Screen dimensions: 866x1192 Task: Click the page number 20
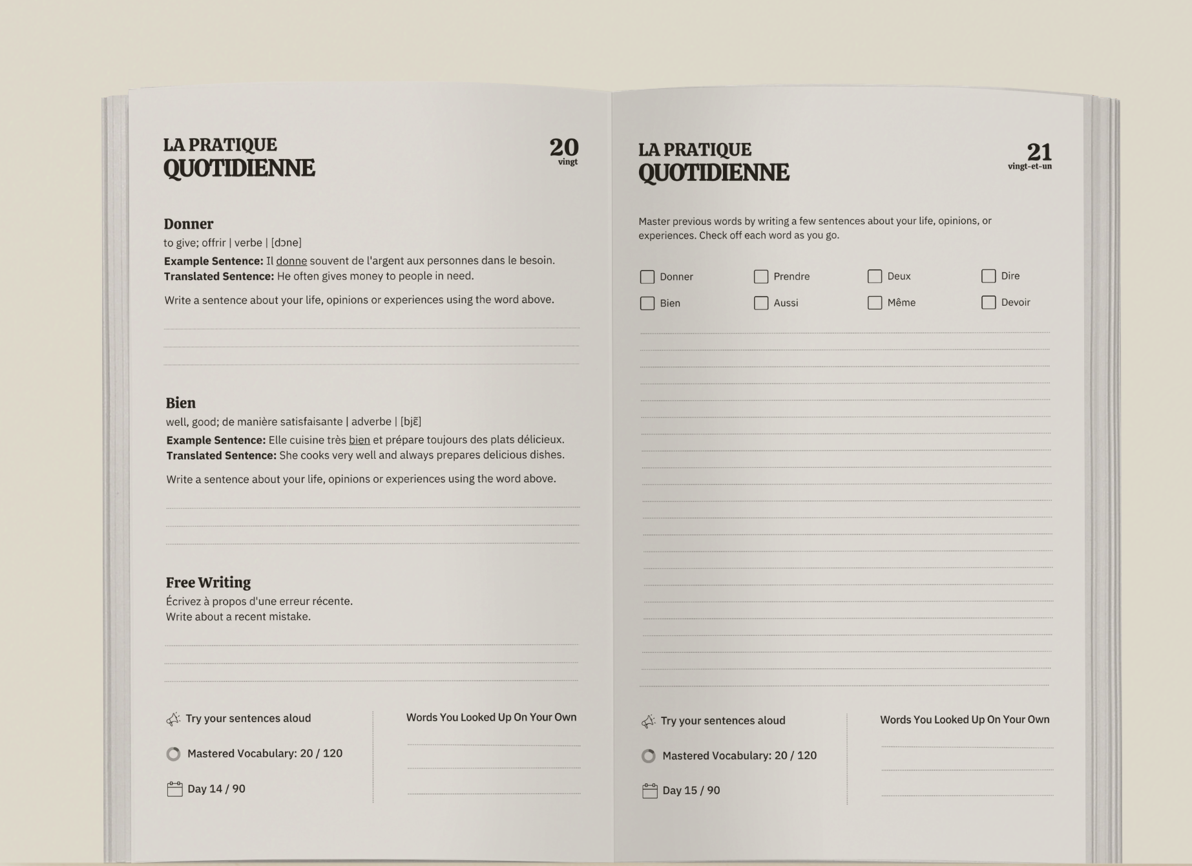click(563, 147)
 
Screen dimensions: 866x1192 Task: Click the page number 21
click(1039, 152)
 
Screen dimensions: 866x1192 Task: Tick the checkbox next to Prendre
click(761, 277)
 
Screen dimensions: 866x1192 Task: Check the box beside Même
click(875, 302)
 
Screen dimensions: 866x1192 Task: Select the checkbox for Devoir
click(988, 302)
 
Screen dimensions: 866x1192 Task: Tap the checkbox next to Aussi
click(761, 303)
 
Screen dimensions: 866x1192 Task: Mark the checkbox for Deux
click(875, 277)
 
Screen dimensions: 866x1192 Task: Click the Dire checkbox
click(988, 276)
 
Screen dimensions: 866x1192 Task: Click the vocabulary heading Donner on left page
click(188, 224)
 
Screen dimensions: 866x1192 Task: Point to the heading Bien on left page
click(180, 403)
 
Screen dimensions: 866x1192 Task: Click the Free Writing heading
click(208, 582)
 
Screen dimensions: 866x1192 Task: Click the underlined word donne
click(291, 261)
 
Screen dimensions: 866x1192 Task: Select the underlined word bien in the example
click(359, 440)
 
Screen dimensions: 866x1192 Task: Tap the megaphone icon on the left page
click(173, 719)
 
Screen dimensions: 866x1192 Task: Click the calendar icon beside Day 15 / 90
click(649, 791)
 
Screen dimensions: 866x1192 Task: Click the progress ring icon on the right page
click(648, 756)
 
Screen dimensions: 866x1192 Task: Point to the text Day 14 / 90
click(216, 788)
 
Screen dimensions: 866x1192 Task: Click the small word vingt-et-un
click(1029, 167)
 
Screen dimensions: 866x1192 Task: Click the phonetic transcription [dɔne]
click(286, 243)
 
